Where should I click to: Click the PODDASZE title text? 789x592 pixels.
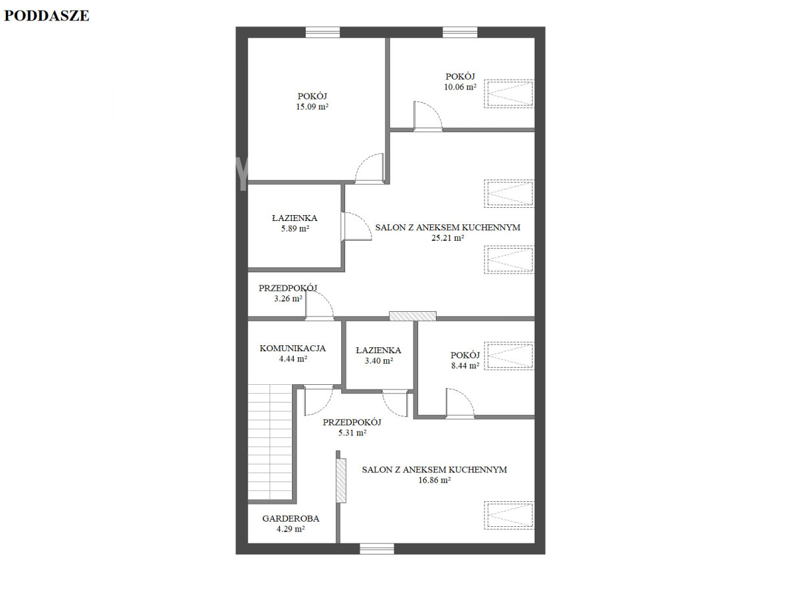47,16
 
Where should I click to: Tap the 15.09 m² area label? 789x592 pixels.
312,107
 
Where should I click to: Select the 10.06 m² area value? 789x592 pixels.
460,87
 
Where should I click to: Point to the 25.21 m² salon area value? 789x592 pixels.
448,237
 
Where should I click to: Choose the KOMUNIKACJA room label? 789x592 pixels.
293,349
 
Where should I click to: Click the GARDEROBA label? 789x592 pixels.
291,519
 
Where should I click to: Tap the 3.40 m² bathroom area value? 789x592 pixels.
379,361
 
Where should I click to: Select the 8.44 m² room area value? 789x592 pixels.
465,366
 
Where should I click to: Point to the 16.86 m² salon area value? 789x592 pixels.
434,480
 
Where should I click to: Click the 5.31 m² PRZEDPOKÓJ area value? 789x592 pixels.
352,433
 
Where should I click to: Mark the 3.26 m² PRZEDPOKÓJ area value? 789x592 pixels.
288,299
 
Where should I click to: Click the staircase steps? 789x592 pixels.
270,442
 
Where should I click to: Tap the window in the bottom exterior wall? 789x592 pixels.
377,549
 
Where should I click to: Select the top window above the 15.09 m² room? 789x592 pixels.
322,32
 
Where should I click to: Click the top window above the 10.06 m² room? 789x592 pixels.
460,32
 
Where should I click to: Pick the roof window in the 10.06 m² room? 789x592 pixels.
509,93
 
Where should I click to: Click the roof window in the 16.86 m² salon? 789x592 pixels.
509,516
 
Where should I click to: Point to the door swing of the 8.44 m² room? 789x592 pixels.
460,403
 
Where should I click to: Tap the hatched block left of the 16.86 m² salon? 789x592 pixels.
341,481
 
